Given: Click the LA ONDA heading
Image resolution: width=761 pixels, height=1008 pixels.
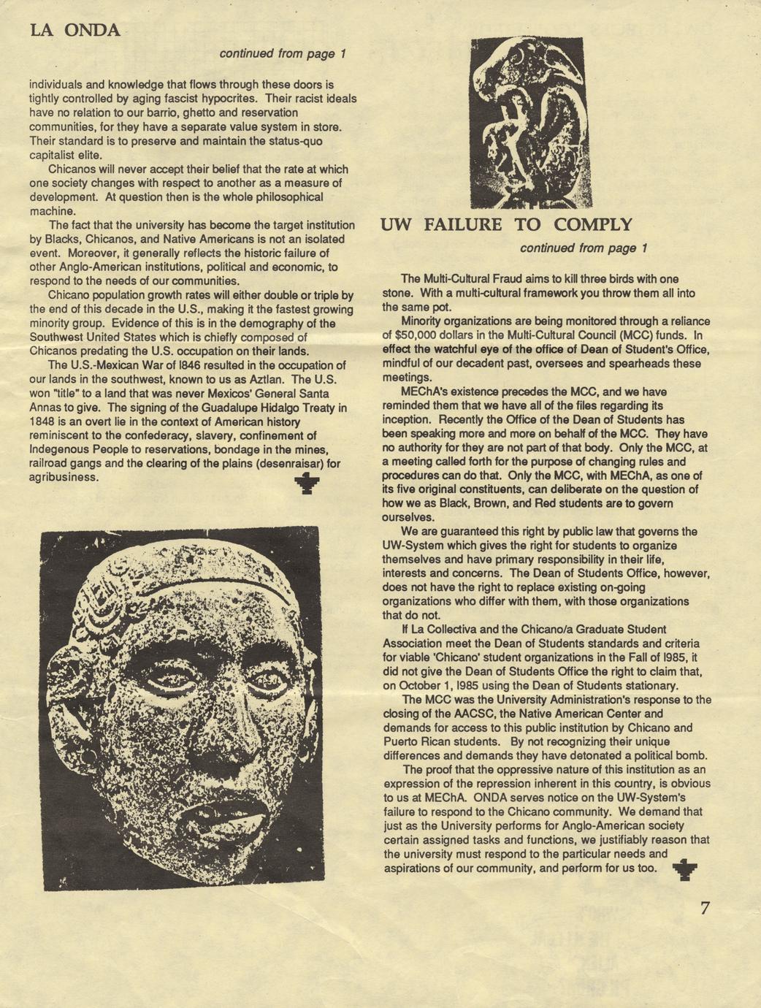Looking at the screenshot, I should tap(74, 30).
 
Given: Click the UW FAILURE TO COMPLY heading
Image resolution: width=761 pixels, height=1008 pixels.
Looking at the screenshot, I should tap(506, 224).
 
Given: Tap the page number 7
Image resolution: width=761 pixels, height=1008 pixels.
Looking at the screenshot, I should tap(705, 908).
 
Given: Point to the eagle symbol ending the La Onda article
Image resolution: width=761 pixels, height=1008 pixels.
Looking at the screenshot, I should tap(307, 482).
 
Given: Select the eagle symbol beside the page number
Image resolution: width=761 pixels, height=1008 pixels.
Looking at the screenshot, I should tap(684, 869).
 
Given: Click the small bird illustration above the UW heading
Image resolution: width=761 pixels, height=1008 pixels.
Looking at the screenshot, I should tap(527, 123).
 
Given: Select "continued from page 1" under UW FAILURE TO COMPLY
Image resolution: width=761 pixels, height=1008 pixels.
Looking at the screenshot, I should tap(584, 248).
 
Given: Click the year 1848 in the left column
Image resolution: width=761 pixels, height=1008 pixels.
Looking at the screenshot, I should tap(42, 421).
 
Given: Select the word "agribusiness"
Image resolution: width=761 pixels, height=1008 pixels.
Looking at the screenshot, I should tap(63, 477).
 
